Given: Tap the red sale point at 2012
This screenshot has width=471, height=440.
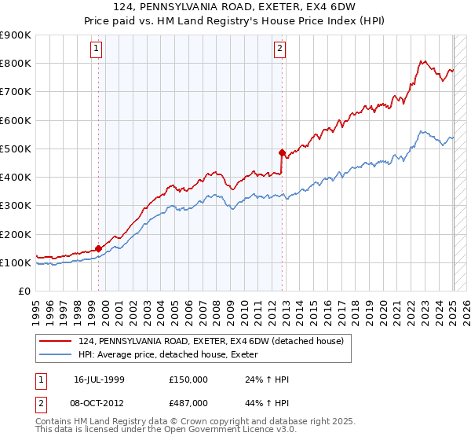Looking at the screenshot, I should point(283,152).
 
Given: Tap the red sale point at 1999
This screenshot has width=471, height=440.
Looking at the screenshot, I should point(99,248).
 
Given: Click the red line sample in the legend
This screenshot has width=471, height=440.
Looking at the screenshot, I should point(56,341).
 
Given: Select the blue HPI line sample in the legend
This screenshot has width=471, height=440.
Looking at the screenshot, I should point(56,354).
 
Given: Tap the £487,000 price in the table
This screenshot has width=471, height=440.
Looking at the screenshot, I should point(188,401).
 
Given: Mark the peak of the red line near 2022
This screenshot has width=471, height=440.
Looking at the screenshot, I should point(422,61).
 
